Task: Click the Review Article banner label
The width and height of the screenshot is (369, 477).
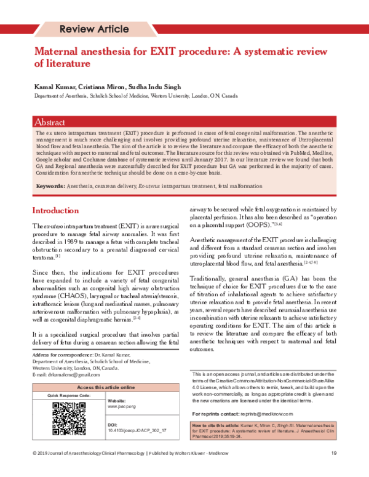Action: [93, 29]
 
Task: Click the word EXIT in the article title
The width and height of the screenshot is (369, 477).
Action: [172, 50]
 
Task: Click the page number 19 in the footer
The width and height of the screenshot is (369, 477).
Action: [333, 470]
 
